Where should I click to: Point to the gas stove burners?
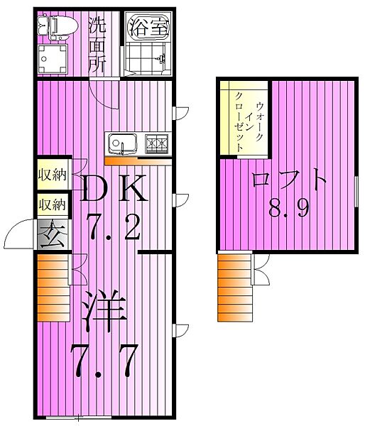point(158,144)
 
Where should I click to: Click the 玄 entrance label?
point(53,234)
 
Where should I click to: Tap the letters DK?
point(116,190)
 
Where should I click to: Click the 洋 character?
point(105,310)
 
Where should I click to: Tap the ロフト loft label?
point(289,179)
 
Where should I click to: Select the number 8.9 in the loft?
point(288,209)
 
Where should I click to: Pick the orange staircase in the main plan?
point(51,287)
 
